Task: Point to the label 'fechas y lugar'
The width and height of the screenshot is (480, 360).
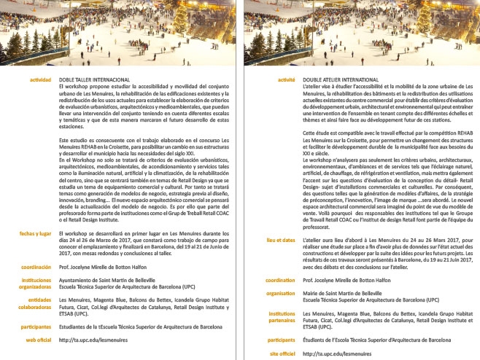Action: (35, 253)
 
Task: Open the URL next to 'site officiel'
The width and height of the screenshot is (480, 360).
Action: (332, 353)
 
